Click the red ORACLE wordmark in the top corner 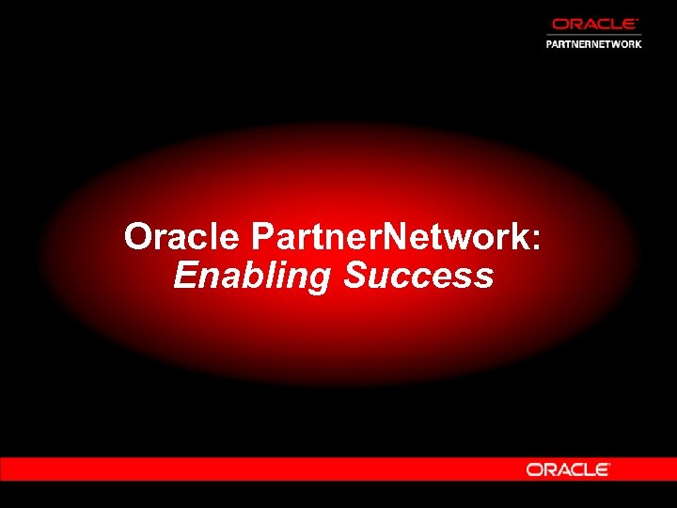[x=594, y=24]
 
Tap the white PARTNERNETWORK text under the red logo [x=594, y=43]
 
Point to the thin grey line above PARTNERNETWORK [x=594, y=35]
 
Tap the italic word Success [x=417, y=276]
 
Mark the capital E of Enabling [x=184, y=276]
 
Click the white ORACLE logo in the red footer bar [x=568, y=468]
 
